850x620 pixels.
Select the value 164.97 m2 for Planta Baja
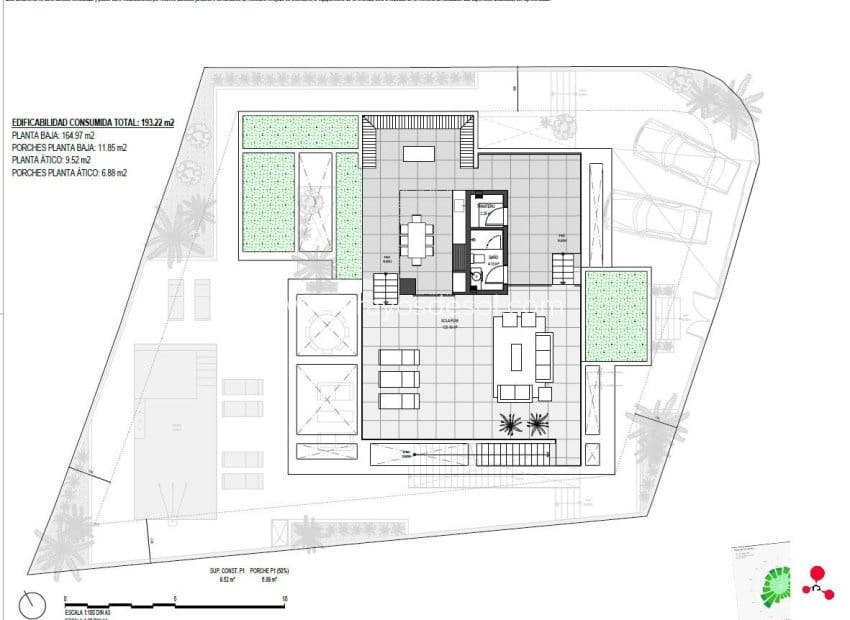76,135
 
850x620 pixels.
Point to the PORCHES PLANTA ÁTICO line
69,173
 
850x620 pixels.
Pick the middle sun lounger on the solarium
399,379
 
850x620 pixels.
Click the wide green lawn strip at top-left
301,132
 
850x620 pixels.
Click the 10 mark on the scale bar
285,600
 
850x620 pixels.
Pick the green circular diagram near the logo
776,586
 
